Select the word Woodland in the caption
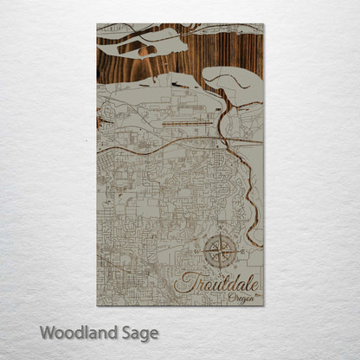[x=72, y=332]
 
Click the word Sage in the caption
[x=136, y=333]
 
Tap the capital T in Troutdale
[x=183, y=281]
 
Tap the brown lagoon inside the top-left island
[x=148, y=50]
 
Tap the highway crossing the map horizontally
[x=156, y=140]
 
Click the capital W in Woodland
[x=47, y=332]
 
